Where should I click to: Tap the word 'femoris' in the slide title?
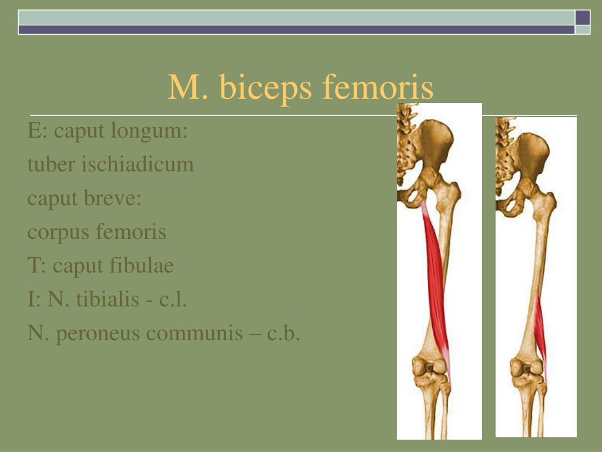[378, 87]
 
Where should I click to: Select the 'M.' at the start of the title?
[188, 88]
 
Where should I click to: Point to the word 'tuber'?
[51, 164]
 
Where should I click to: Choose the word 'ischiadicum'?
[138, 164]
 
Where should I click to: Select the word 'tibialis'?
[107, 299]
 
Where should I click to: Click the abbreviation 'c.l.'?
[173, 300]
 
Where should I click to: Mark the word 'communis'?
[195, 333]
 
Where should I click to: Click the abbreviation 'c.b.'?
[283, 333]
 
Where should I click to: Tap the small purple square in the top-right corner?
[583, 18]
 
